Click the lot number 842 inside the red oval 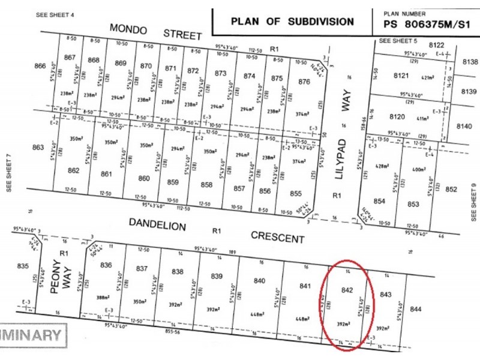coord(346,290)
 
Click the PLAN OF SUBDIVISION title coord(292,22)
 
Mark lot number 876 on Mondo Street coord(304,82)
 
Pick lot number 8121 coord(400,76)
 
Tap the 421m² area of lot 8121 coord(427,78)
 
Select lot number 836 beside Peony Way coord(106,265)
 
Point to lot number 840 coord(259,281)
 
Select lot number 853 coord(413,204)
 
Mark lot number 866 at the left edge coord(40,65)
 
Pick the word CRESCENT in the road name coord(278,238)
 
